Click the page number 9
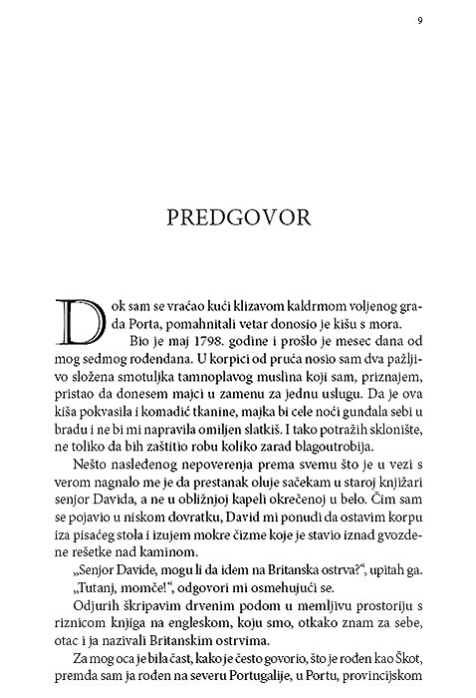[420, 20]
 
